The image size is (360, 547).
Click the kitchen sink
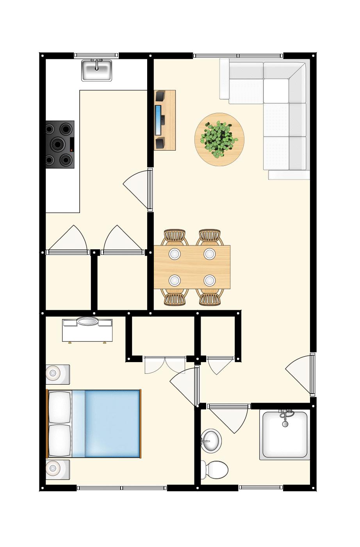click(96, 70)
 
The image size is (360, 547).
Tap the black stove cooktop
click(60, 144)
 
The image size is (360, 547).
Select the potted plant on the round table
click(219, 140)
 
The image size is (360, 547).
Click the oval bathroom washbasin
click(211, 440)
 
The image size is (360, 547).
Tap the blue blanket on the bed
click(112, 423)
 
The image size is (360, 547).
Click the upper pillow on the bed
click(59, 407)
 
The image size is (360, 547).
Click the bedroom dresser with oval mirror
click(87, 330)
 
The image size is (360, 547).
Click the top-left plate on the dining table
click(175, 254)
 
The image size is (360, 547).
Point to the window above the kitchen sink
click(96, 55)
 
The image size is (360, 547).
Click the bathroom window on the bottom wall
click(260, 487)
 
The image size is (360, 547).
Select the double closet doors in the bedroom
click(164, 364)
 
